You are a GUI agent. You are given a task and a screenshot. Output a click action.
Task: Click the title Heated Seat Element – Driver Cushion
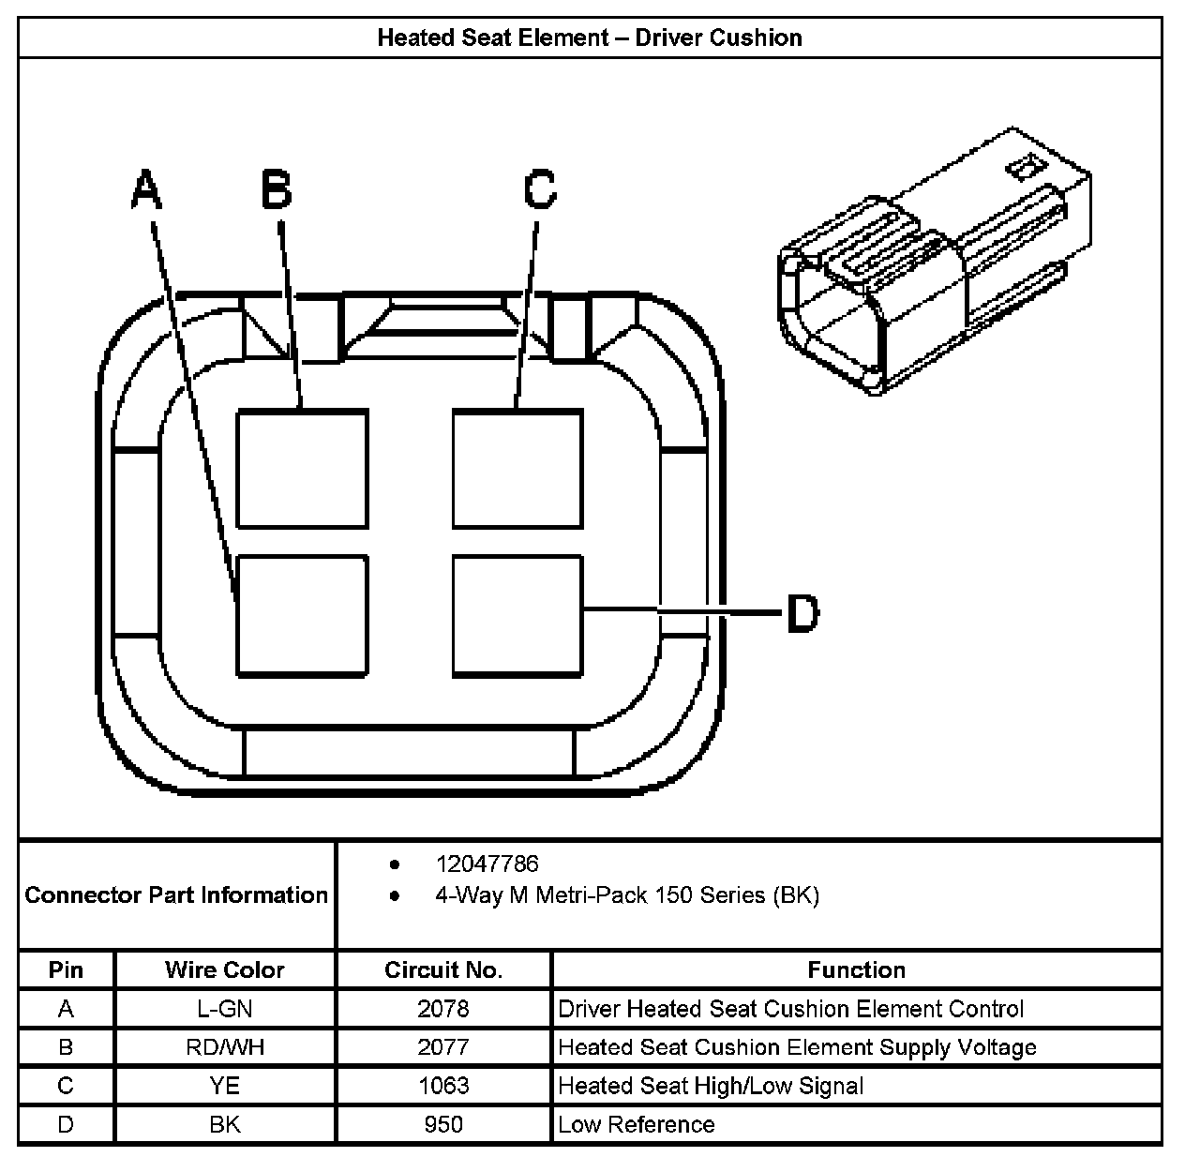pos(590,38)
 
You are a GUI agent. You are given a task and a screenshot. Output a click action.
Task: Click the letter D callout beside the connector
pos(802,613)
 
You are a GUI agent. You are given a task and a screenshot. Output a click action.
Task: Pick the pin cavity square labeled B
pos(302,469)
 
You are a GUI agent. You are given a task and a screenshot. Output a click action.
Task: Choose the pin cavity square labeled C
pos(517,469)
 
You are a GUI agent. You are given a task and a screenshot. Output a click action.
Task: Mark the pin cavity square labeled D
pos(517,615)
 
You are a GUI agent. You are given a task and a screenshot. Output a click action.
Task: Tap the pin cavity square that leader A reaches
pos(302,615)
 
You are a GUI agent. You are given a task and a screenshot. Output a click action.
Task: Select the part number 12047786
pos(487,864)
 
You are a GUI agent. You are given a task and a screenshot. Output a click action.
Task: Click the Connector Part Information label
pos(176,894)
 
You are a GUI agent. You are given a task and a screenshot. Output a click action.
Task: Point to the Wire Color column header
pos(225,969)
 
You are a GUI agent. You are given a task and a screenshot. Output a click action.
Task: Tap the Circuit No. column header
pos(443,969)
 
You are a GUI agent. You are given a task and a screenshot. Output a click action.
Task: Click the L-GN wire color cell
pos(225,1009)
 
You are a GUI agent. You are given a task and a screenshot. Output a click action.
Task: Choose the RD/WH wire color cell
pos(225,1047)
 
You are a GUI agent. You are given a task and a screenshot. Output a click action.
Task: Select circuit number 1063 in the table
pos(443,1086)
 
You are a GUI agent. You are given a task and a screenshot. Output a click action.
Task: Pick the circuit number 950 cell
pos(443,1124)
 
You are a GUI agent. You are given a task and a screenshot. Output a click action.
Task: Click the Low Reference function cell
pos(637,1124)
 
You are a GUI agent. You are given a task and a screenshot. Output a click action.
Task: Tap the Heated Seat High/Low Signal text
pos(711,1086)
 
